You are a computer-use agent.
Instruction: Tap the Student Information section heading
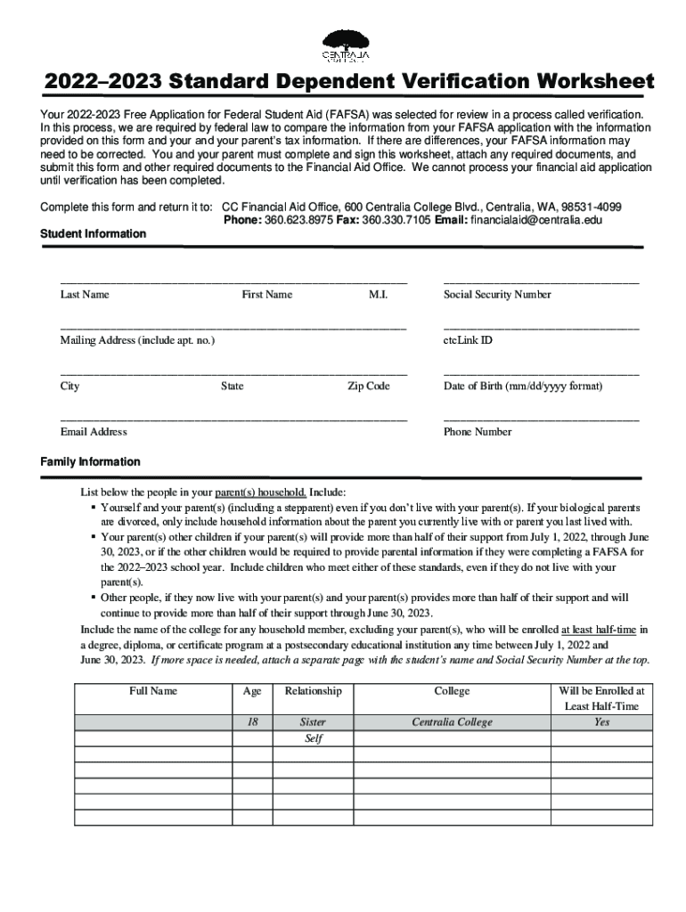(x=94, y=233)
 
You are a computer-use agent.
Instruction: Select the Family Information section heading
(x=90, y=461)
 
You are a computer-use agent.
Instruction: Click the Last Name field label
(x=85, y=295)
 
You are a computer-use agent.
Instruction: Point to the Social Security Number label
(x=497, y=295)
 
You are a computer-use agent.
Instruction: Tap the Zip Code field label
(x=368, y=387)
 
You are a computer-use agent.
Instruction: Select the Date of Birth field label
(x=523, y=387)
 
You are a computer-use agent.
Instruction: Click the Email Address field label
(x=94, y=432)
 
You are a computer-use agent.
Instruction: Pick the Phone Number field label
(x=478, y=432)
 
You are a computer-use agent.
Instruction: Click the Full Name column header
(x=153, y=691)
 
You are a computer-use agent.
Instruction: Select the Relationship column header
(x=313, y=691)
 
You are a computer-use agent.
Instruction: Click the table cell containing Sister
(x=313, y=722)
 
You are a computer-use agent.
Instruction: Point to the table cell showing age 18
(x=252, y=722)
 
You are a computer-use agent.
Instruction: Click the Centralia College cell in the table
(x=452, y=722)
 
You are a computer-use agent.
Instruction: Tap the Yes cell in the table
(x=602, y=722)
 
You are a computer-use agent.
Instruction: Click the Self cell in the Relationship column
(x=313, y=739)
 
